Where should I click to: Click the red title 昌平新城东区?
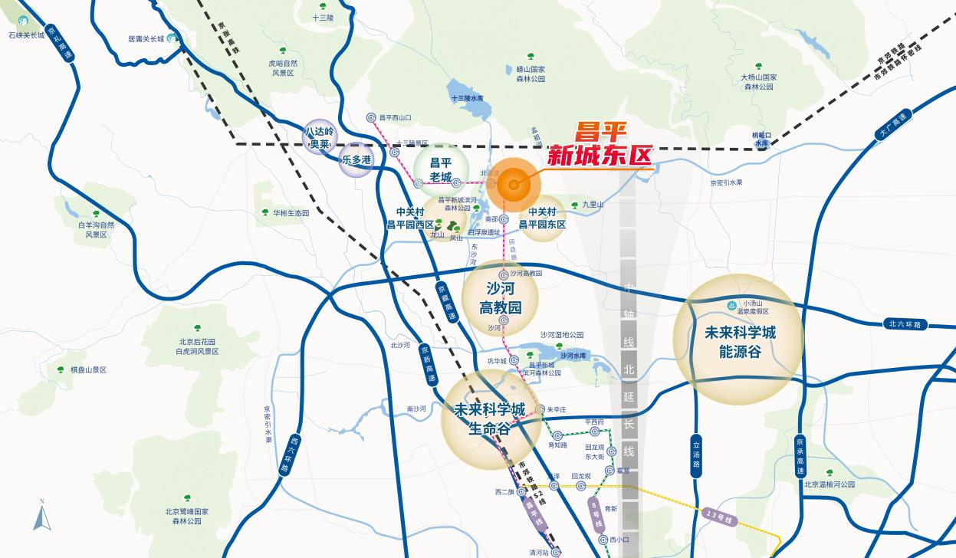[x=600, y=146]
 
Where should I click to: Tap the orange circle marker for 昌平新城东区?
[x=513, y=185]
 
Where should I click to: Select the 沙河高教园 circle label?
[x=500, y=298]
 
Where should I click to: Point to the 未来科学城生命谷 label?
[x=491, y=419]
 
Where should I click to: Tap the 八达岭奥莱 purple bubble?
[x=318, y=137]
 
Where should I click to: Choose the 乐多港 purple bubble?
[x=356, y=160]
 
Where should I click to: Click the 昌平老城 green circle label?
[x=441, y=169]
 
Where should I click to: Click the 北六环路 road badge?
[x=904, y=324]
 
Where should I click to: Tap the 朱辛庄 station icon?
[x=540, y=410]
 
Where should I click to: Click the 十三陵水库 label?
[x=467, y=99]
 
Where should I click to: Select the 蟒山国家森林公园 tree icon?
[x=531, y=56]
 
